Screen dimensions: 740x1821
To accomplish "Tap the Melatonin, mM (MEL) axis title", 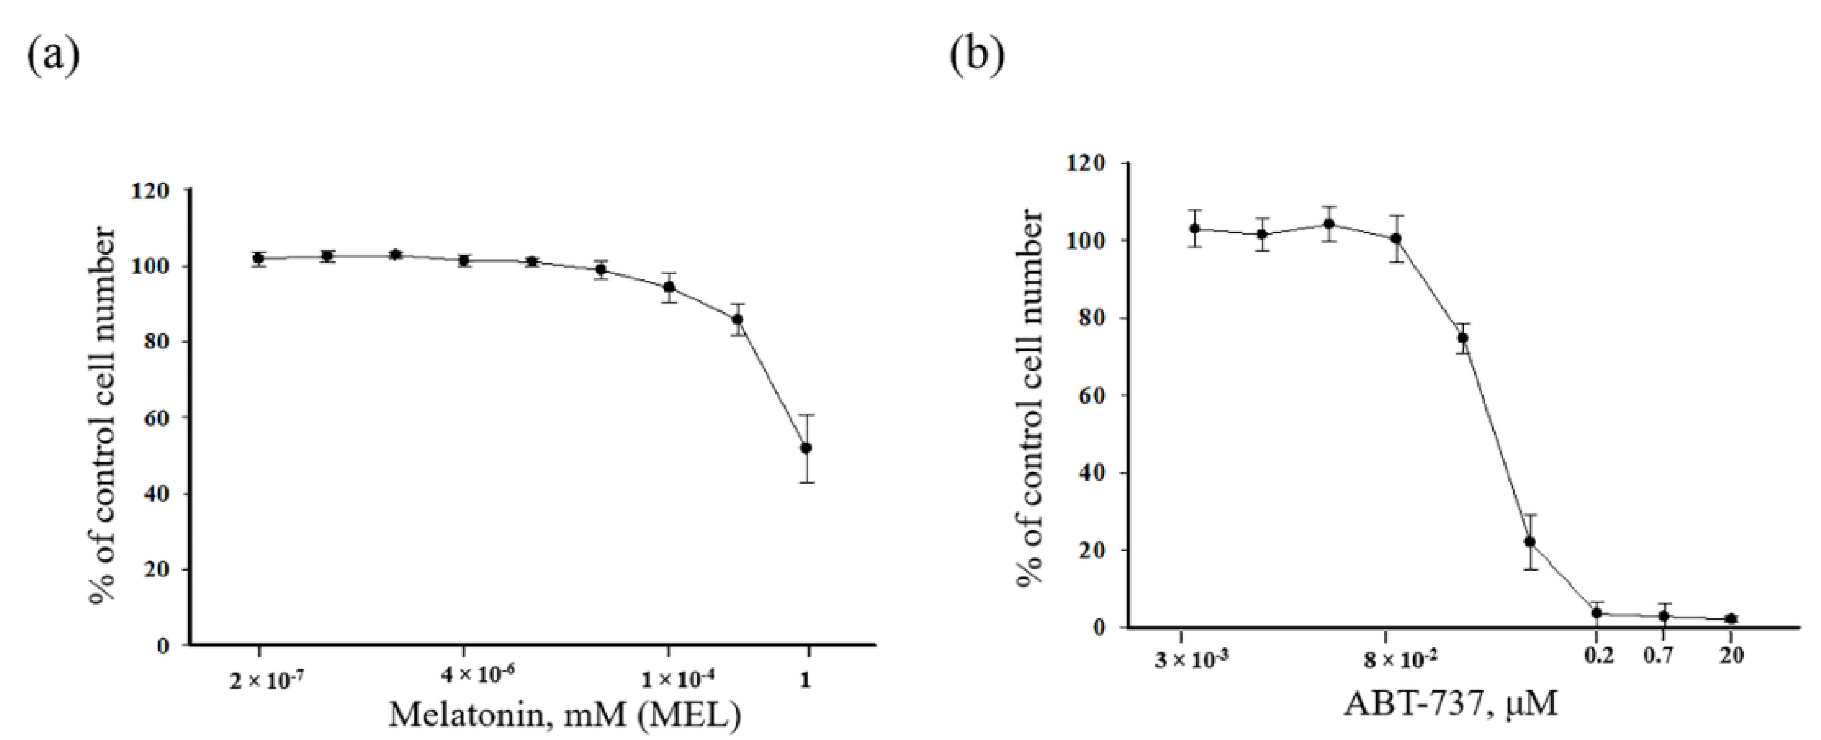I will pyautogui.click(x=565, y=715).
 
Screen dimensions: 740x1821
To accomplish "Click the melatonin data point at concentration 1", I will pyautogui.click(x=806, y=447).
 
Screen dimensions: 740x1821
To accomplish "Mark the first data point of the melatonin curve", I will pyautogui.click(x=259, y=259).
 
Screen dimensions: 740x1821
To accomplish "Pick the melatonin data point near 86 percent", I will pyautogui.click(x=737, y=319).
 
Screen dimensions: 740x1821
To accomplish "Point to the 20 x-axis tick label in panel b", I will pyautogui.click(x=1730, y=656).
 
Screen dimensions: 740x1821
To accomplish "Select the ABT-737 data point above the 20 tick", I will pyautogui.click(x=1730, y=618).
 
